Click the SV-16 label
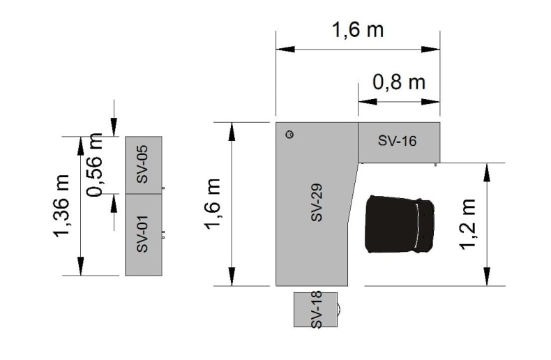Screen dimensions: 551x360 click(397, 141)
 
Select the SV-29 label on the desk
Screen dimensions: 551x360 click(317, 202)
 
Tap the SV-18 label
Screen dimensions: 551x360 click(317, 310)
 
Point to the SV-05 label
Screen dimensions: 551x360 click(142, 164)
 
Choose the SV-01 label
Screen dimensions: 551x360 click(142, 234)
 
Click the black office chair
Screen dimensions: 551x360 click(400, 224)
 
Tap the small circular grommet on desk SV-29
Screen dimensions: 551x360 click(289, 134)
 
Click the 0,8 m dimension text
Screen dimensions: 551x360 click(399, 82)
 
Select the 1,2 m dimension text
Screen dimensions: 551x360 click(468, 224)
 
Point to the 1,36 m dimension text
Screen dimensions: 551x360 click(61, 206)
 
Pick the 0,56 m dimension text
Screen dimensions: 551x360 click(95, 165)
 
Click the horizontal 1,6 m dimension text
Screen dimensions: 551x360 click(358, 29)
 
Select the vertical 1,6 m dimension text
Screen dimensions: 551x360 click(213, 204)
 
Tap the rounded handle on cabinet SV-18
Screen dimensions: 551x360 click(339, 309)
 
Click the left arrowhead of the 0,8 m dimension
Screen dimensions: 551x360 click(368, 102)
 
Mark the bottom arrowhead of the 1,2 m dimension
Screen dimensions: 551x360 click(487, 276)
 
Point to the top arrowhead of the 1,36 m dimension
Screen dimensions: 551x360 click(81, 146)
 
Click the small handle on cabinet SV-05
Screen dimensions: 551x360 click(163, 188)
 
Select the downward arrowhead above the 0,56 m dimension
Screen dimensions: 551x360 click(114, 127)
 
